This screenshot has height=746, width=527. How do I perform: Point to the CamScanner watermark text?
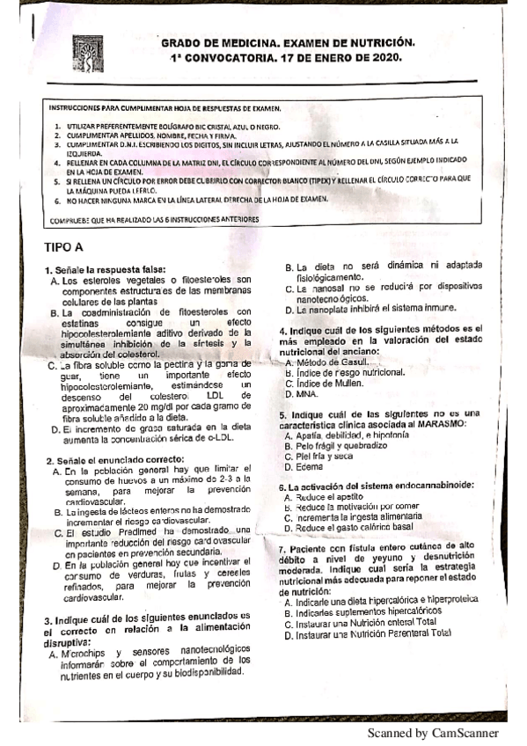point(433,732)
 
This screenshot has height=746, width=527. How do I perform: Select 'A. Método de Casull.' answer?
point(332,362)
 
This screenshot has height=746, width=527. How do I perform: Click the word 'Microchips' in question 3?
point(89,655)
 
